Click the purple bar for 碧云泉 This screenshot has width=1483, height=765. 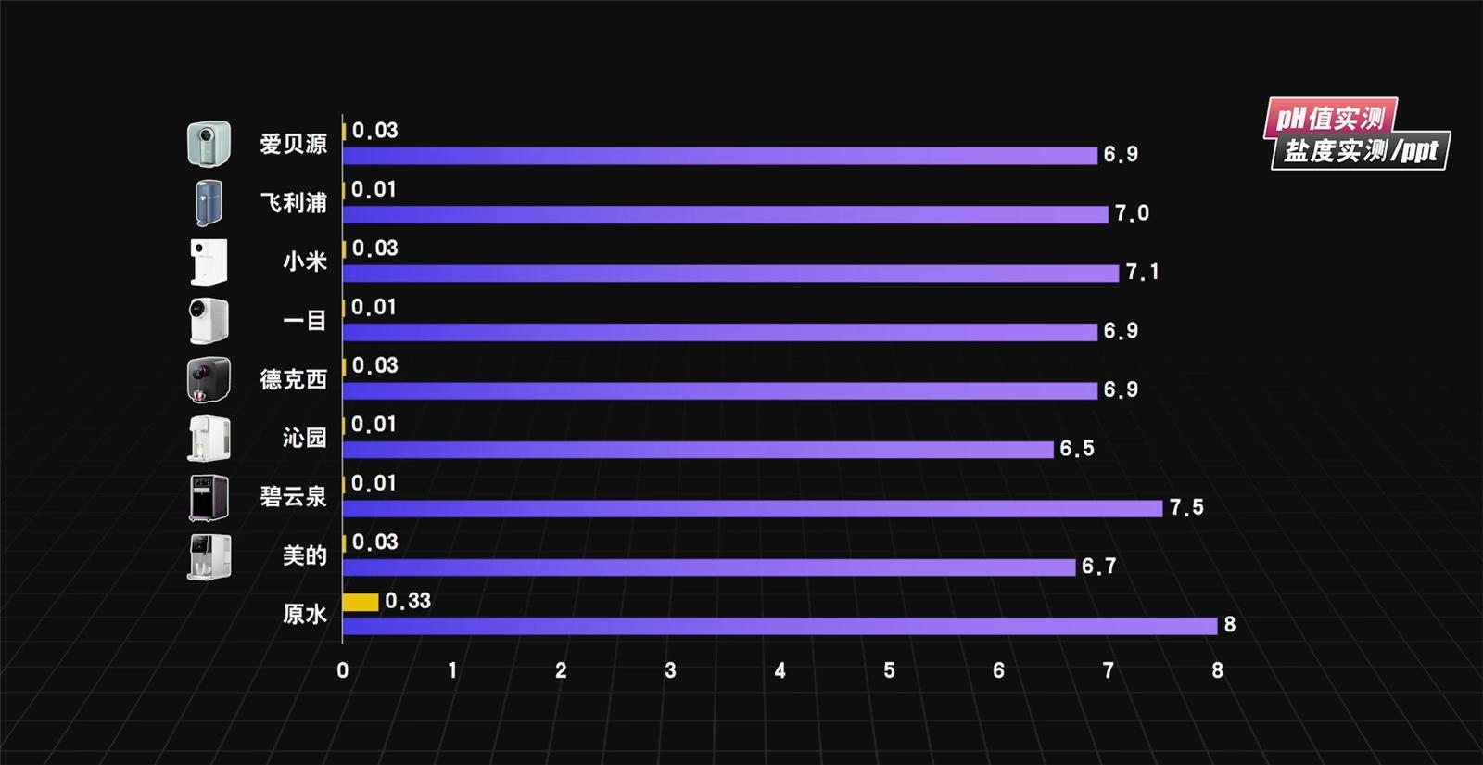pyautogui.click(x=752, y=508)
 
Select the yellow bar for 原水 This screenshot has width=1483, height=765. pyautogui.click(x=361, y=602)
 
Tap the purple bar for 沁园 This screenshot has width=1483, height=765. pyautogui.click(x=698, y=450)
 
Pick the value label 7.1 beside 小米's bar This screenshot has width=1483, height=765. pyautogui.click(x=1142, y=273)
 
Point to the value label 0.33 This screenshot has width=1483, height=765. pyautogui.click(x=408, y=601)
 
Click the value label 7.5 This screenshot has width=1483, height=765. pyautogui.click(x=1186, y=507)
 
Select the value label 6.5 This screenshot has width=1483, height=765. pyautogui.click(x=1077, y=449)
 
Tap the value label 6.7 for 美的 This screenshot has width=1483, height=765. pyautogui.click(x=1098, y=567)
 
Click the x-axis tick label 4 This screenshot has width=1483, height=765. pyautogui.click(x=780, y=670)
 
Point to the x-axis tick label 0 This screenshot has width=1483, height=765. pyautogui.click(x=343, y=670)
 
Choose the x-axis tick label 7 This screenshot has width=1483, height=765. pyautogui.click(x=1108, y=670)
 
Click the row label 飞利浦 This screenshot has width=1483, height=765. pyautogui.click(x=293, y=203)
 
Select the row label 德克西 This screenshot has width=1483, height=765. pyautogui.click(x=293, y=379)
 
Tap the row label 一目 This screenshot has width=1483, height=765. pyautogui.click(x=304, y=321)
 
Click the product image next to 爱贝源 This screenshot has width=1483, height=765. pyautogui.click(x=209, y=144)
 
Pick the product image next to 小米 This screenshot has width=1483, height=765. pyautogui.click(x=209, y=261)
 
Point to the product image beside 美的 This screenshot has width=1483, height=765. pyautogui.click(x=209, y=556)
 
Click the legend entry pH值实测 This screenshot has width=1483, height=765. pyautogui.click(x=1330, y=118)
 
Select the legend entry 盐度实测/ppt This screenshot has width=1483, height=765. pyautogui.click(x=1360, y=151)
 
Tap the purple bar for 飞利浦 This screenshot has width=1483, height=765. pyautogui.click(x=725, y=214)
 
